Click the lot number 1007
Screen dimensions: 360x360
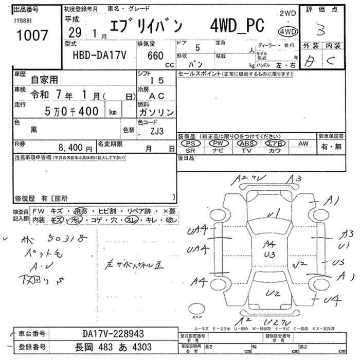pos(32,35)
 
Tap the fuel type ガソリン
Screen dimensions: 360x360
pos(157,112)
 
